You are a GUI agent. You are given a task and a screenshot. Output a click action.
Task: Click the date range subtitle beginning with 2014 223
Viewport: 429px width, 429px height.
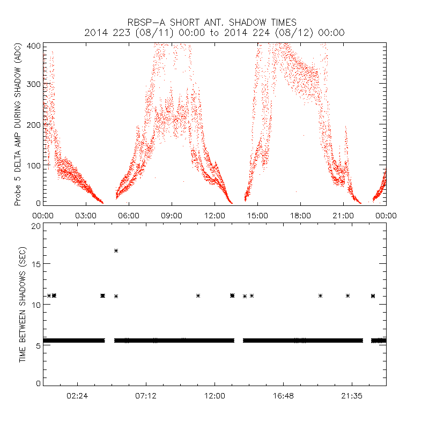pos(214,33)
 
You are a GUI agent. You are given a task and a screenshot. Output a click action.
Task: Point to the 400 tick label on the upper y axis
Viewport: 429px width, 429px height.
pos(33,46)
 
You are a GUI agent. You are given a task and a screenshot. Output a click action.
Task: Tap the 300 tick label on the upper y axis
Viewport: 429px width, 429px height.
pos(33,85)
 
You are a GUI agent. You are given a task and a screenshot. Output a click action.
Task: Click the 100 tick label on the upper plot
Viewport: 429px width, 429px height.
pos(33,164)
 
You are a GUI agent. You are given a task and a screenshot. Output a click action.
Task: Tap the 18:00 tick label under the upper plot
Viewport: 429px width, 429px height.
pos(300,214)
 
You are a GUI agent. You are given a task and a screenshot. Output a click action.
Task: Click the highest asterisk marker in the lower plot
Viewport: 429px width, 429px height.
pos(116,250)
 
